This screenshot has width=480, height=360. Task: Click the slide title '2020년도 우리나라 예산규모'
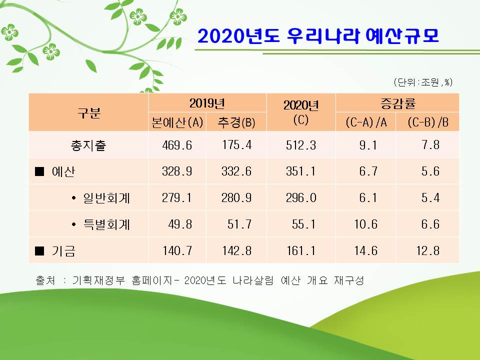coord(318,36)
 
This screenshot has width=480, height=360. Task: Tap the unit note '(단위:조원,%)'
coord(423,82)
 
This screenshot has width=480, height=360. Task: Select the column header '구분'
coord(89,112)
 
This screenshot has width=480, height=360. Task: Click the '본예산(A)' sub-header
coord(177,122)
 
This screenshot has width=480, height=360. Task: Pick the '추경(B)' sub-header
coord(236,122)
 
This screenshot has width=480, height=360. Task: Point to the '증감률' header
coord(397,103)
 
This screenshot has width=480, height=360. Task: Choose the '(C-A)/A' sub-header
coord(366,122)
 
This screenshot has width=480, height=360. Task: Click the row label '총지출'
coord(88,145)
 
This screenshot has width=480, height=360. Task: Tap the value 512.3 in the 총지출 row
coord(301,145)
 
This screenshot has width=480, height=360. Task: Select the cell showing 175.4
coord(236,145)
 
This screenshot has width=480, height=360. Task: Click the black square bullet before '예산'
coord(39,171)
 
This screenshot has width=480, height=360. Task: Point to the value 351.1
coord(300,171)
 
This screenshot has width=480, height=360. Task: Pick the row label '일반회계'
coord(106,198)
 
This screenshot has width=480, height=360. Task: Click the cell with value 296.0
coord(301,198)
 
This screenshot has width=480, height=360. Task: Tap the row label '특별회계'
coord(106,224)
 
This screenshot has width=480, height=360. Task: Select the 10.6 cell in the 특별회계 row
coord(366,224)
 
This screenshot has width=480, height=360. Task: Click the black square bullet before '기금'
coord(39,251)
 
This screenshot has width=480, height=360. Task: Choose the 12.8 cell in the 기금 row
coord(428,250)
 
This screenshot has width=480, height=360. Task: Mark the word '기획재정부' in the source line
coord(98,280)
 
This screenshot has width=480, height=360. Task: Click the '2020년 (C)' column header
coord(301,112)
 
